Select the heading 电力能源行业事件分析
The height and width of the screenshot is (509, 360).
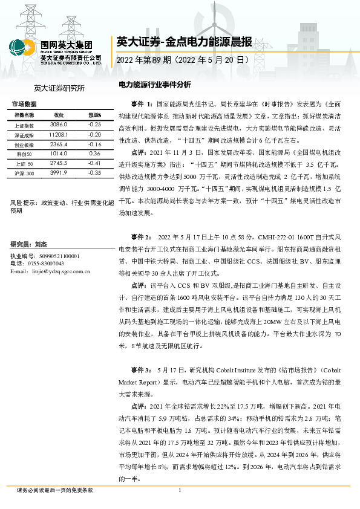(155, 85)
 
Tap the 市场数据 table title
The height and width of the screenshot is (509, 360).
(24, 104)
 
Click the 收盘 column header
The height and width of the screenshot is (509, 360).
(59, 115)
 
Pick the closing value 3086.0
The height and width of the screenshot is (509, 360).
(59, 124)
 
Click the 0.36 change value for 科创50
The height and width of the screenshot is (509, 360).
(94, 155)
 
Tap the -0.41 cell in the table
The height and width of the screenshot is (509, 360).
(94, 163)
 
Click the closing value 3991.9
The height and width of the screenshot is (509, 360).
(59, 173)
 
